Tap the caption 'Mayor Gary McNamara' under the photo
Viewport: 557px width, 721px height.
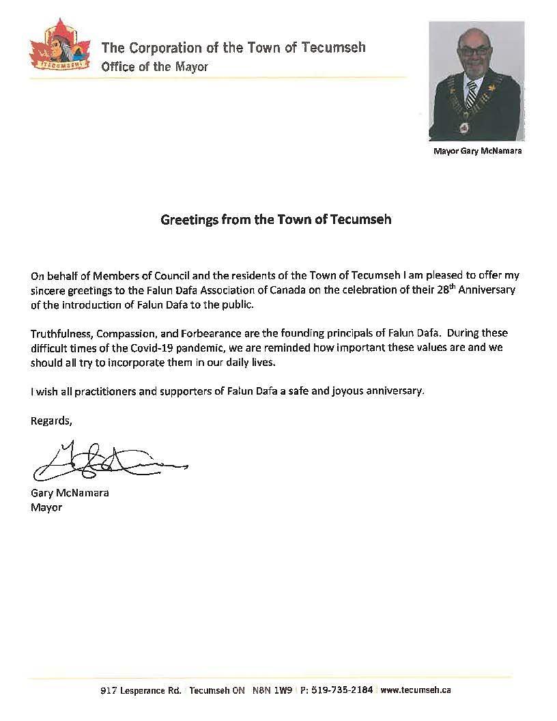[x=477, y=151]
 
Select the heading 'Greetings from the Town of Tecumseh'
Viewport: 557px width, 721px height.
[x=276, y=221]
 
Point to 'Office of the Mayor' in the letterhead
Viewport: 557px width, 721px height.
[x=155, y=67]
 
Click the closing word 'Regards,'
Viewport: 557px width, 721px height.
[x=51, y=421]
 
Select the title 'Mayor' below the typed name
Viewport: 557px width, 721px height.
[x=46, y=507]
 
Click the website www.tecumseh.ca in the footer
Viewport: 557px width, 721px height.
[x=416, y=690]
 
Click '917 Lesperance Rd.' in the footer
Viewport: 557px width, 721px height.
[x=141, y=690]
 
